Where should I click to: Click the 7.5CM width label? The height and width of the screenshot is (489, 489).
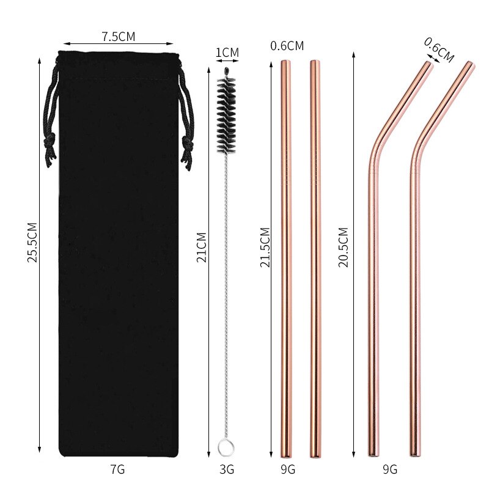[119, 37]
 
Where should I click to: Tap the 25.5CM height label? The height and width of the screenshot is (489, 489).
[32, 242]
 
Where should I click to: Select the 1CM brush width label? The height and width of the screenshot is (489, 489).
[227, 53]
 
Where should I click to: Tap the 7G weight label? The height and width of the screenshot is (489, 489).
[117, 469]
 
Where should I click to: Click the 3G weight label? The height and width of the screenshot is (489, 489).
[227, 469]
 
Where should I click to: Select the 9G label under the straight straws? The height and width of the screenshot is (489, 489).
[287, 469]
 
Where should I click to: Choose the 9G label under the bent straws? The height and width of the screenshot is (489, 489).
[390, 469]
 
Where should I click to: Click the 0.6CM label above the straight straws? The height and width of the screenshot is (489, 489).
[287, 46]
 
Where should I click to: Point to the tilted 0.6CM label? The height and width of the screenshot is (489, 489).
[438, 50]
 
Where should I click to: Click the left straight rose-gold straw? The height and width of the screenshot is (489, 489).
[286, 257]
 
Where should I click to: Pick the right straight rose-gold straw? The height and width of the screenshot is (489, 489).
[315, 257]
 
